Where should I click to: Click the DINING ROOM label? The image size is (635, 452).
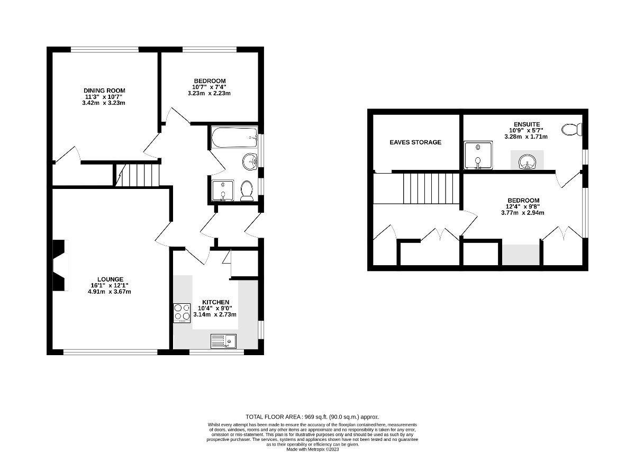104,91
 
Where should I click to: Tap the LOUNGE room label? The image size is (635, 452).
110,279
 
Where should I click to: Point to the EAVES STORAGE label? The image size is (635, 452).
415,142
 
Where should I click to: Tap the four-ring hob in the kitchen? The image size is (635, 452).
182,312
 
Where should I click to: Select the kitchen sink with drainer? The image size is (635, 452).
223,341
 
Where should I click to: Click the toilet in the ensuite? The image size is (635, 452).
571,129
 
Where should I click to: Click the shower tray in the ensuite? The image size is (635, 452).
478,156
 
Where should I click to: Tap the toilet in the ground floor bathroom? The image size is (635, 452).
246,191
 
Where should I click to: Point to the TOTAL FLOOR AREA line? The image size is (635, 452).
312,417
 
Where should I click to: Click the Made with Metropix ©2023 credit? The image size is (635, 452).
312,449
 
